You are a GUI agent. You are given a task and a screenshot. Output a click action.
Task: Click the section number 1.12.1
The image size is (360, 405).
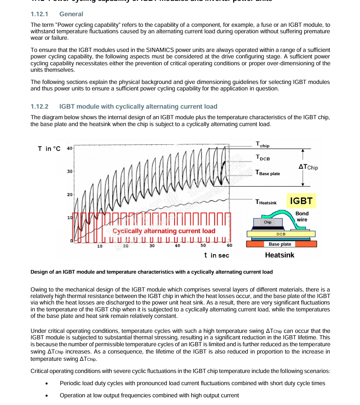39,14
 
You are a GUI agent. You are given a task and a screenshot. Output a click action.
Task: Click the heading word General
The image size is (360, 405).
71,14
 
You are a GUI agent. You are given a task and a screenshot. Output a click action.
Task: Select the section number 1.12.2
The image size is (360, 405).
39,107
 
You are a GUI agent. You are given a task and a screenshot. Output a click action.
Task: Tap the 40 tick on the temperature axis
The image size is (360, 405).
69,148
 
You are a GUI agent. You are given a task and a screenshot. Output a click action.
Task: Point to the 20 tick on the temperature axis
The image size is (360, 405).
69,195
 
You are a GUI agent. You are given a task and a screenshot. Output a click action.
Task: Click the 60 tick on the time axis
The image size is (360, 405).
229,246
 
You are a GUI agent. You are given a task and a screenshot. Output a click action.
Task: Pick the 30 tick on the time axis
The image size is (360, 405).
152,246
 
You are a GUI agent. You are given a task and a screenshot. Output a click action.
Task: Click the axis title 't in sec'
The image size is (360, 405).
217,255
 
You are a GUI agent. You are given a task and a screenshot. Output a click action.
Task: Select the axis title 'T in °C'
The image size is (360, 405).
49,149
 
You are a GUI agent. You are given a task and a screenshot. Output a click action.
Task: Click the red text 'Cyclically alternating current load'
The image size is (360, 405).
164,231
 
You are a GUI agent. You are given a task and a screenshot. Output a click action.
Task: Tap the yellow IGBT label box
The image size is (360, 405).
301,201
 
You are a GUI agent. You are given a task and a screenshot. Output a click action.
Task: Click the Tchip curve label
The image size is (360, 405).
262,144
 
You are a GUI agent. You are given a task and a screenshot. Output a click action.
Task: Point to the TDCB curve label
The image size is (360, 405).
262,158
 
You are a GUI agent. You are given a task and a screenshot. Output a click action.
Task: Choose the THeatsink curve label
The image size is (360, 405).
266,202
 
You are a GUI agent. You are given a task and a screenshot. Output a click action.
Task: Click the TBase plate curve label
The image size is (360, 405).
268,173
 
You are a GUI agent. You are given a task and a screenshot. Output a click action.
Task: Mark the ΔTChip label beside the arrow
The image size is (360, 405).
308,167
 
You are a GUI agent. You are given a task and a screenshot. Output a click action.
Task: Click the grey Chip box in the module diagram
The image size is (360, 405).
268,222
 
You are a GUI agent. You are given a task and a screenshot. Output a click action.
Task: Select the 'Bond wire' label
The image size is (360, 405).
302,216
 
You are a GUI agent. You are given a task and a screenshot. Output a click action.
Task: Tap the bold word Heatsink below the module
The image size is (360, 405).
279,255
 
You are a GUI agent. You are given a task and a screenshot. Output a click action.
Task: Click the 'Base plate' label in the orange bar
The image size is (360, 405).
280,244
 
